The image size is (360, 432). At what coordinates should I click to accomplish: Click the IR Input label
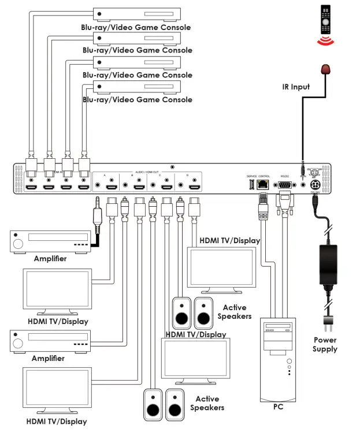click(296, 87)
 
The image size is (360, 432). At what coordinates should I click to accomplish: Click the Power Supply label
click(325, 344)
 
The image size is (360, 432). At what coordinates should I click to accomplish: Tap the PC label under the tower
click(279, 407)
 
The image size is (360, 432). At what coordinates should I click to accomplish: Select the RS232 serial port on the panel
click(284, 185)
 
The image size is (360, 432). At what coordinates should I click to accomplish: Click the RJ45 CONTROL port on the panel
click(263, 185)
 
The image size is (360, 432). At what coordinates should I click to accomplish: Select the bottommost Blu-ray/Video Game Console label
click(137, 99)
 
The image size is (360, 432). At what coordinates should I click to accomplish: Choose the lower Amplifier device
click(51, 341)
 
